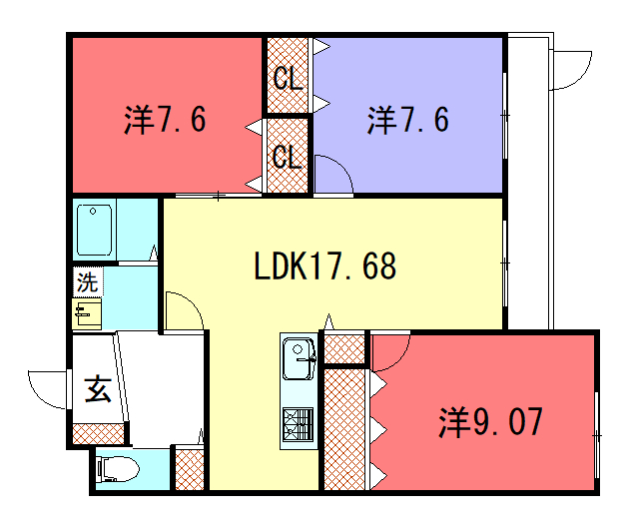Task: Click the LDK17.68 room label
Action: tap(325, 265)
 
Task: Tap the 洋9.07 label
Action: tap(490, 421)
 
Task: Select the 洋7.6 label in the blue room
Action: tap(407, 120)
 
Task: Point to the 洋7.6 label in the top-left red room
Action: tap(165, 120)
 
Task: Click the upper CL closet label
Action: tap(288, 78)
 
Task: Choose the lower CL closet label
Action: tap(287, 156)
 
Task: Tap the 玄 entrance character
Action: tap(98, 389)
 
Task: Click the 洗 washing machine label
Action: tap(87, 281)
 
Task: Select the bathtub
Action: tap(94, 230)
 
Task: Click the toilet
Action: tap(118, 469)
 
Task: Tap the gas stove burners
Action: tap(299, 423)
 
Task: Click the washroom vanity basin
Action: tap(87, 313)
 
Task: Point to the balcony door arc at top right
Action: tap(583, 77)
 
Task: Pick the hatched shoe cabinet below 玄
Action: tap(98, 433)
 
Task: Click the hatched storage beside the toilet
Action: tap(190, 470)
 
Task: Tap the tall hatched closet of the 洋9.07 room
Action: tap(344, 429)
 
